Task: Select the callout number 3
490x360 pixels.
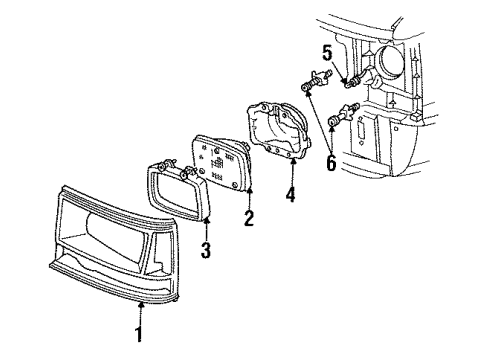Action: (x=204, y=246)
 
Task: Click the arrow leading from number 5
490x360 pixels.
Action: (x=336, y=66)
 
